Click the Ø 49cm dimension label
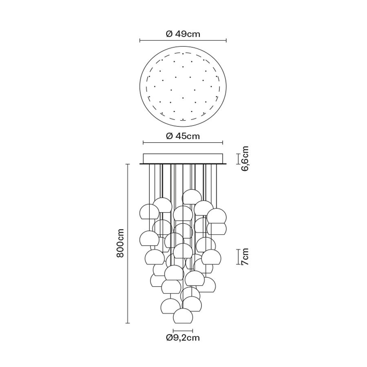(x=183, y=34)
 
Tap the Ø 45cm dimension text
(x=183, y=136)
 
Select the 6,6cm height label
(x=245, y=159)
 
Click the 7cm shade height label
(x=245, y=257)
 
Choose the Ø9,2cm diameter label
(x=183, y=338)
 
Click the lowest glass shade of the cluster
(x=183, y=316)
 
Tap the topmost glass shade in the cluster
(x=192, y=197)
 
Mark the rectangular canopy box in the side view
(x=183, y=159)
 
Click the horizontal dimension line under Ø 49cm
(x=183, y=41)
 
